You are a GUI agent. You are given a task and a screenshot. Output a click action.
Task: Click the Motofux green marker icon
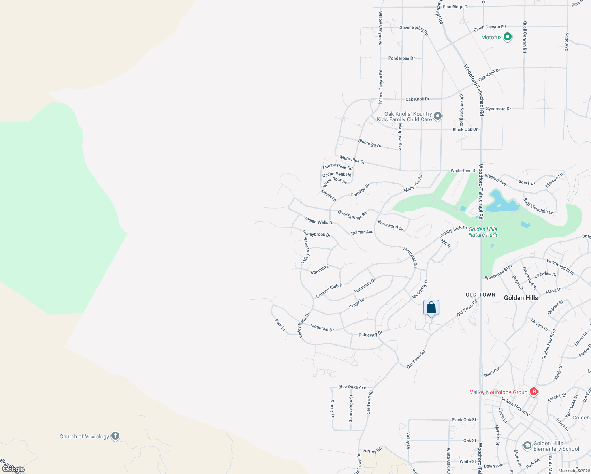click(508, 37)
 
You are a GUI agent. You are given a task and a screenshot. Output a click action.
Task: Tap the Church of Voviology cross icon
click(115, 436)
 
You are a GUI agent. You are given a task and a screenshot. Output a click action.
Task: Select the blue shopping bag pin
click(431, 308)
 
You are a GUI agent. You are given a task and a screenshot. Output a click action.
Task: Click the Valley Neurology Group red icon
click(534, 392)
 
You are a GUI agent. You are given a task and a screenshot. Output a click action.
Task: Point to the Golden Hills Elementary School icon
click(527, 446)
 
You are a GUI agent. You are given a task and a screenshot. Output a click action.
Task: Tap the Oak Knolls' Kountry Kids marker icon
click(437, 116)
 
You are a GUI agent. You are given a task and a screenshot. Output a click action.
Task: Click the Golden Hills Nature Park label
click(483, 232)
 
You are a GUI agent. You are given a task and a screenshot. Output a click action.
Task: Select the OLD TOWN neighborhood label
click(480, 295)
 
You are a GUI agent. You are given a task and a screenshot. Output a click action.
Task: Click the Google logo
click(13, 469)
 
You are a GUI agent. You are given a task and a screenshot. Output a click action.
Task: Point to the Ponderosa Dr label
click(401, 58)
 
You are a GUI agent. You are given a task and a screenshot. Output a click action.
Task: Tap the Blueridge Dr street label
click(370, 143)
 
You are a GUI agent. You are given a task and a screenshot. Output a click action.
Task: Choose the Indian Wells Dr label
click(319, 220)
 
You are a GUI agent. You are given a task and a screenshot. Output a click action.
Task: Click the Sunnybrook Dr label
click(316, 234)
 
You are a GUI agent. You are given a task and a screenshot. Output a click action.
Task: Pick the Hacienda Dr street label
click(365, 286)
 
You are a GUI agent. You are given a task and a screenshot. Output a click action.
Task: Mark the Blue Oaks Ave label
click(352, 387)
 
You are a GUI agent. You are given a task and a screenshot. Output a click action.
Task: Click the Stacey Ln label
click(332, 409)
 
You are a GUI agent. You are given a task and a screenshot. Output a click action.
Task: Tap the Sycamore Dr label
click(498, 109)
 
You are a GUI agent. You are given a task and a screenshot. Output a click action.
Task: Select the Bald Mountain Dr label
click(538, 206)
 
